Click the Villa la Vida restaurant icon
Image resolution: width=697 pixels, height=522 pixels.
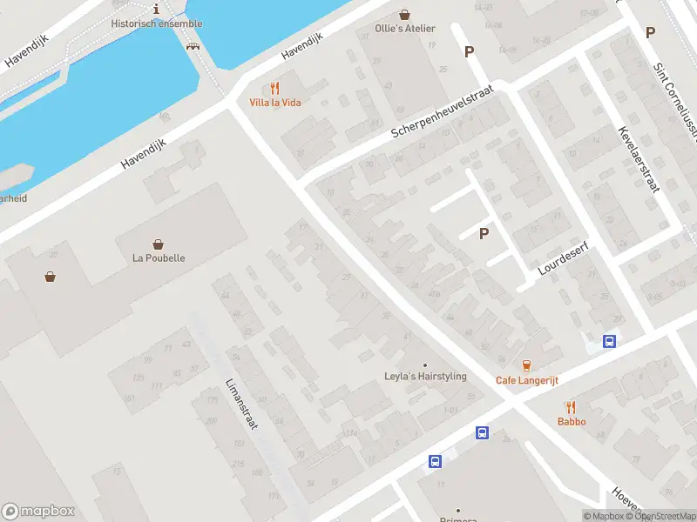(x=275, y=88)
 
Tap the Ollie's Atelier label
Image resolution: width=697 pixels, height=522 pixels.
(x=404, y=29)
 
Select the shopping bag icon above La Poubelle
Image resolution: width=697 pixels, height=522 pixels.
(x=159, y=244)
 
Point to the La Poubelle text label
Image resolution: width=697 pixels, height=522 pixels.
(x=159, y=258)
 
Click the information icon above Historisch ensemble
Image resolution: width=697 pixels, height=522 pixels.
(x=156, y=9)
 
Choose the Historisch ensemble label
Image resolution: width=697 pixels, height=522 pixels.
(x=157, y=23)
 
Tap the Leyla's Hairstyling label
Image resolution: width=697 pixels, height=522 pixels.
(x=425, y=377)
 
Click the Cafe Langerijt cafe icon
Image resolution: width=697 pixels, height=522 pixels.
(x=526, y=366)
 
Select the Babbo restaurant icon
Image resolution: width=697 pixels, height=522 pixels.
(x=572, y=407)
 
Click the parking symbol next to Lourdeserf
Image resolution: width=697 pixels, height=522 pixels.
(x=484, y=233)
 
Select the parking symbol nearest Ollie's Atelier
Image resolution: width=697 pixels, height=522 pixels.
(x=469, y=51)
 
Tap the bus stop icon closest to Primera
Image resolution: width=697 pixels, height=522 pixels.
(x=435, y=462)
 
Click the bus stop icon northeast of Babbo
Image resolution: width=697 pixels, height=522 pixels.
(x=610, y=341)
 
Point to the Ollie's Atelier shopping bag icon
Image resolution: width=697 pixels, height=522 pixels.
(x=404, y=14)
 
